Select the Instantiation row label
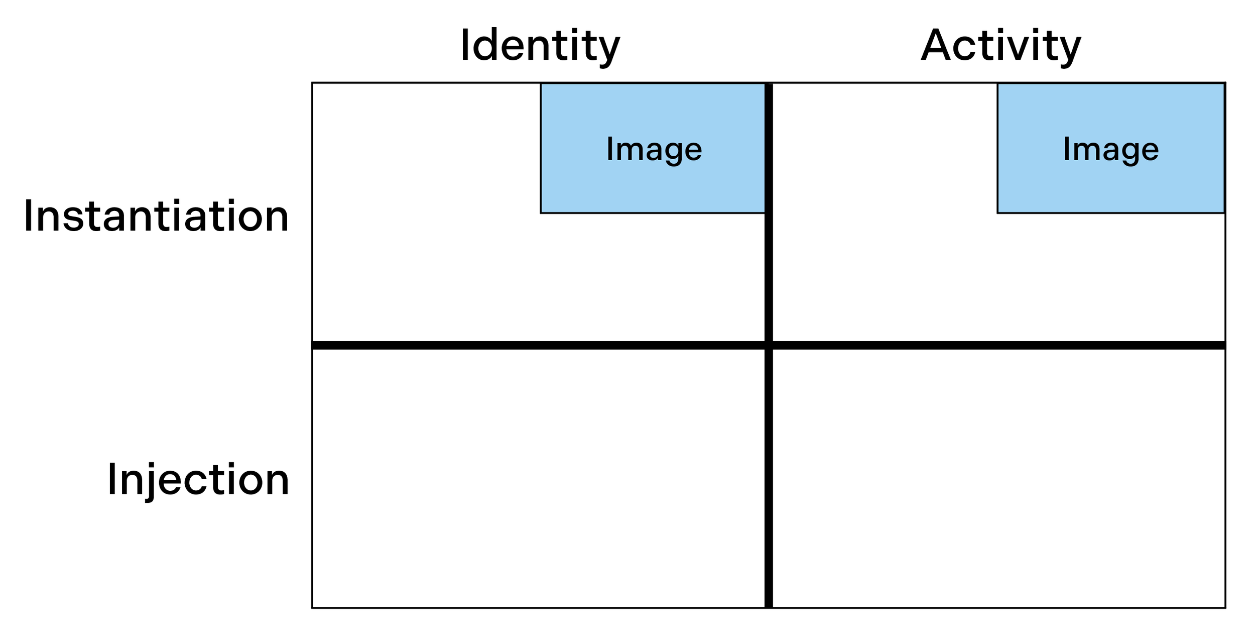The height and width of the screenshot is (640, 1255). tap(156, 216)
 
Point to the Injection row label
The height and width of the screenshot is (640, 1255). tap(198, 479)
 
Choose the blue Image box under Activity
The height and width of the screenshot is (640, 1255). tap(1110, 148)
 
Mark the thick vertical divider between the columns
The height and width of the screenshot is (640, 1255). tap(769, 226)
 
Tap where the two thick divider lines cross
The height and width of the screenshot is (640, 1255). tap(769, 345)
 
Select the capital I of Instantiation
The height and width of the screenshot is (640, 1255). tap(28, 216)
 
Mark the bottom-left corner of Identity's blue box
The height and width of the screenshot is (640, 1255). tap(541, 213)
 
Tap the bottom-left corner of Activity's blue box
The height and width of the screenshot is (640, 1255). tap(997, 213)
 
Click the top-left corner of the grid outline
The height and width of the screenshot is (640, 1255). tap(312, 83)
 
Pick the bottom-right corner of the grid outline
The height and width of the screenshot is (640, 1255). tap(1225, 608)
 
